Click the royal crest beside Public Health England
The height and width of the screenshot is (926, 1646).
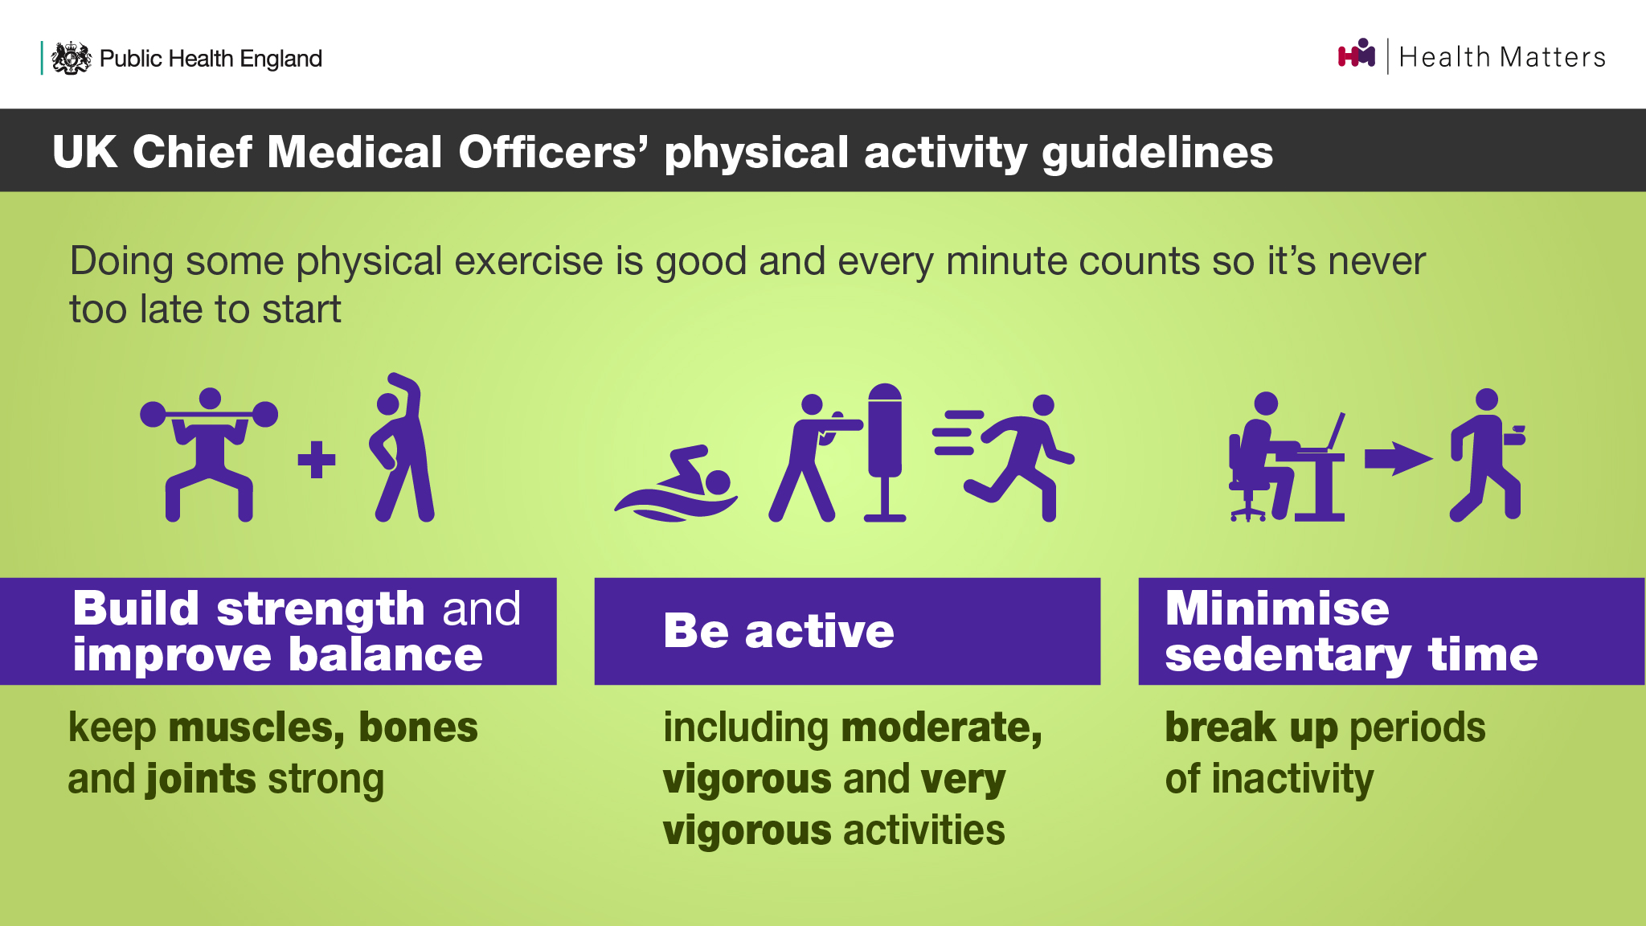[72, 58]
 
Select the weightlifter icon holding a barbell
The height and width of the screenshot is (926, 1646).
[209, 455]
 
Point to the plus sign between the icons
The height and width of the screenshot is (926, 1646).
[317, 460]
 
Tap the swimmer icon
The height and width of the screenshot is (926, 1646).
[676, 485]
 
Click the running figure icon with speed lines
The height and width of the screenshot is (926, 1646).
[1005, 457]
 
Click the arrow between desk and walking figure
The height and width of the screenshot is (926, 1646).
[1398, 459]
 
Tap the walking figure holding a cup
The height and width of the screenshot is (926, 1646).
[1487, 455]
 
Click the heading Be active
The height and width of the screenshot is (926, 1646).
[779, 631]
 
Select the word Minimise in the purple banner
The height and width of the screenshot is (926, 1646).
[1277, 608]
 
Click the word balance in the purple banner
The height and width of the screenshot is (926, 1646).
[386, 655]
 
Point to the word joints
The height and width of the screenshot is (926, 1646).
[201, 779]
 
